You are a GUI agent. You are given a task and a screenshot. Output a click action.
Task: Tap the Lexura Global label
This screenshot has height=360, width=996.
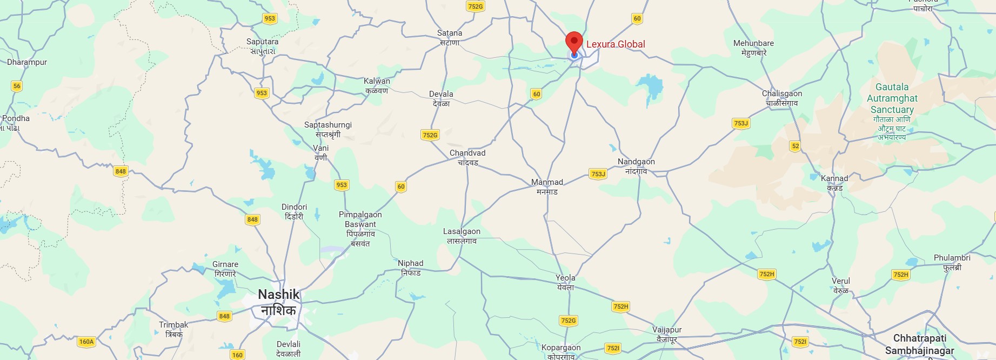click(616, 44)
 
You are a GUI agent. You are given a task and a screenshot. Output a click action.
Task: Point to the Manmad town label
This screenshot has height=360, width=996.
click(547, 186)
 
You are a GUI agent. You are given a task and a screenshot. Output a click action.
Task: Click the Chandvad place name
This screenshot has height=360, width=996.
click(467, 157)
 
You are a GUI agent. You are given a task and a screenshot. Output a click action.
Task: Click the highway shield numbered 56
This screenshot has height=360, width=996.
click(17, 86)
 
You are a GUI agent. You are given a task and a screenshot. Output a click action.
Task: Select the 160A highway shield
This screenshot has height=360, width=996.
click(86, 342)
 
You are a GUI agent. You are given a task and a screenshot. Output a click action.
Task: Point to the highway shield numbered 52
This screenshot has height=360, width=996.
click(795, 146)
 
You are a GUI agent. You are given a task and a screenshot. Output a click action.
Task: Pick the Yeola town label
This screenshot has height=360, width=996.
click(565, 282)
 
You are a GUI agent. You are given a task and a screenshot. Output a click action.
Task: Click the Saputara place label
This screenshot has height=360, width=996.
click(263, 46)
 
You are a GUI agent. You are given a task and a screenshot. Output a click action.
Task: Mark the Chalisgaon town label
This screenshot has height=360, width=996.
click(782, 98)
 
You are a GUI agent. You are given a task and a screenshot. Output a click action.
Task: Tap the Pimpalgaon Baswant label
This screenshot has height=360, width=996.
click(360, 229)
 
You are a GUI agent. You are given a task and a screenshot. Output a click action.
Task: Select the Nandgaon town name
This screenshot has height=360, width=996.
click(636, 166)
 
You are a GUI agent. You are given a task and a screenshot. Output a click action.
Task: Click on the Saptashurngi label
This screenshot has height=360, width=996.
click(328, 129)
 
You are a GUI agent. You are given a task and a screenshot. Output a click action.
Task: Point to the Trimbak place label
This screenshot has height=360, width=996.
click(173, 329)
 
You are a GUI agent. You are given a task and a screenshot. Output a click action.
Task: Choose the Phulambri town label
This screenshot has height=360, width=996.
click(952, 262)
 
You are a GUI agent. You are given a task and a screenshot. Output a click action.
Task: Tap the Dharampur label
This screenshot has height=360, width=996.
click(27, 62)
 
